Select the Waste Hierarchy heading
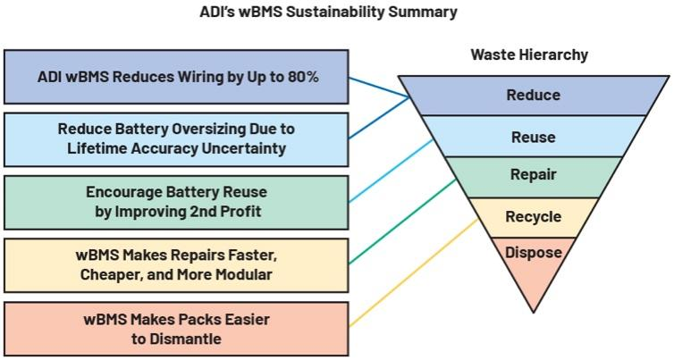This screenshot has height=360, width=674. (529, 55)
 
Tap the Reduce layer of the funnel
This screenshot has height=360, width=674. (533, 95)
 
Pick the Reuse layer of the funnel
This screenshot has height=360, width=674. (533, 137)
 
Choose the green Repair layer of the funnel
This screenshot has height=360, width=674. (533, 175)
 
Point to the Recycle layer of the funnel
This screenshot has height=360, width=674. (533, 216)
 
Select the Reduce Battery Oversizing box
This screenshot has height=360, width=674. (175, 138)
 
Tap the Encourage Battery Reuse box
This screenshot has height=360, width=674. (175, 202)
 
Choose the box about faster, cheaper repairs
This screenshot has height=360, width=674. (175, 264)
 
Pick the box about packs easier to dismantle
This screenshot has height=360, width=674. (175, 328)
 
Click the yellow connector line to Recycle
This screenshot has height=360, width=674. (411, 272)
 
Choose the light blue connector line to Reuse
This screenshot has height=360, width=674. (393, 170)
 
